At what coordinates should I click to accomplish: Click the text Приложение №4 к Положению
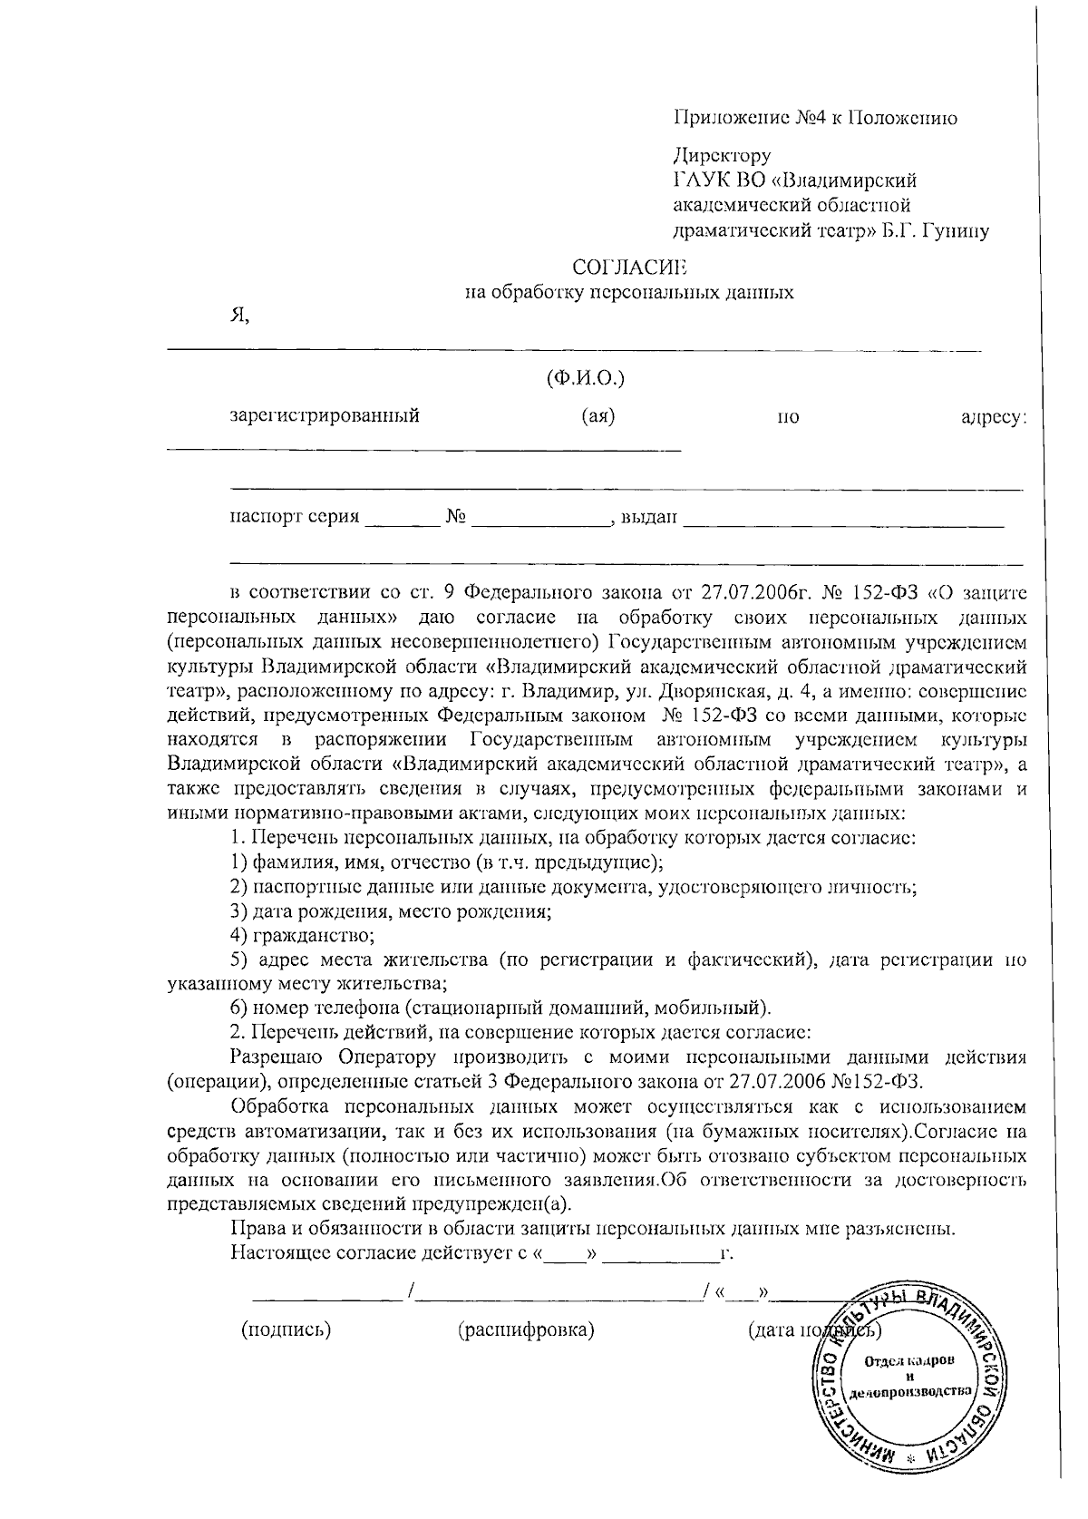tap(815, 118)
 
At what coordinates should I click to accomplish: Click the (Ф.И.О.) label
tap(585, 377)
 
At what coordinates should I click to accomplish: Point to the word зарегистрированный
tap(325, 417)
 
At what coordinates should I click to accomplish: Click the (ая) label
tap(598, 417)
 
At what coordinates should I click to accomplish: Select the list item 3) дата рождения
tap(391, 910)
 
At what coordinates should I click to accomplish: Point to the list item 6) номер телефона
tap(500, 1008)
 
